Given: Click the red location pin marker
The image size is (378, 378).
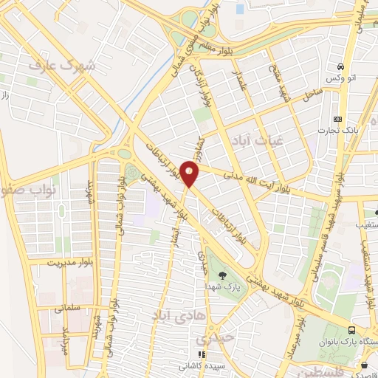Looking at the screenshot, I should point(190,175).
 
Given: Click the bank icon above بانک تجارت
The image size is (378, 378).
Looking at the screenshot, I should point(338,119).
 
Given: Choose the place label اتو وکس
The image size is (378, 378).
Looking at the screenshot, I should point(342,78).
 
